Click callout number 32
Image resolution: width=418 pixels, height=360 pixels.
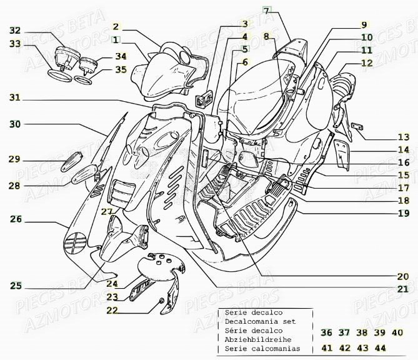tap(14, 31)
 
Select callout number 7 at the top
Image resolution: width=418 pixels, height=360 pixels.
tap(266, 11)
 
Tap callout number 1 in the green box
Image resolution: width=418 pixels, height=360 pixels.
tap(116, 39)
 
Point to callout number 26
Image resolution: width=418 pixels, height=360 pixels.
tap(16, 219)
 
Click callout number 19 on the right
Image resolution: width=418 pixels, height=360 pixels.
tap(404, 213)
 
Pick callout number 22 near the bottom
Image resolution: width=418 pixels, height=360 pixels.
tap(112, 310)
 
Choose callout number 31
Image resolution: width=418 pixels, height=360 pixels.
tap(14, 97)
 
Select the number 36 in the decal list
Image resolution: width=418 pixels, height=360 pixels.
tap(326, 332)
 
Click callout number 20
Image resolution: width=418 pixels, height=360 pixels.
tap(404, 276)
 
